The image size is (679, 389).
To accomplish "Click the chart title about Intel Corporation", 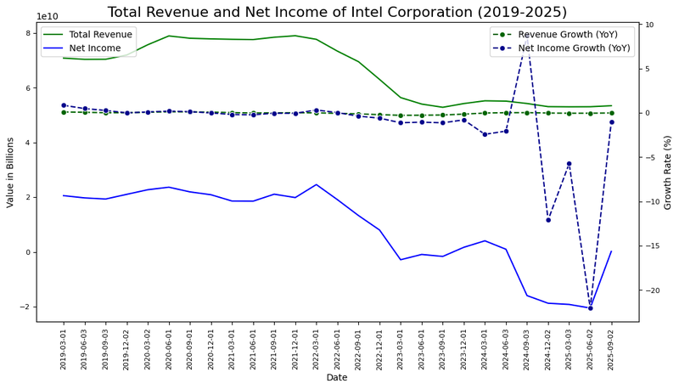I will (337, 12).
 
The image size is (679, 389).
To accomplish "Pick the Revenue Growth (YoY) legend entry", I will (570, 34).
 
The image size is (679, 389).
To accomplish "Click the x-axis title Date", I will (337, 377).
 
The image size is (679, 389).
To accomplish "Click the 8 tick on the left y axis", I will (29, 33).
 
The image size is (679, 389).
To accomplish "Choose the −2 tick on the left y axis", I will (25, 307).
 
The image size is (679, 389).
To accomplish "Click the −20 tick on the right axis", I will (652, 290).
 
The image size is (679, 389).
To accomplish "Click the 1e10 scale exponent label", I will (47, 16).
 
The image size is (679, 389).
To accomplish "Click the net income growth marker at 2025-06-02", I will (590, 307).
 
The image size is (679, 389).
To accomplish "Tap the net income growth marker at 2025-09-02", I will (611, 122).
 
